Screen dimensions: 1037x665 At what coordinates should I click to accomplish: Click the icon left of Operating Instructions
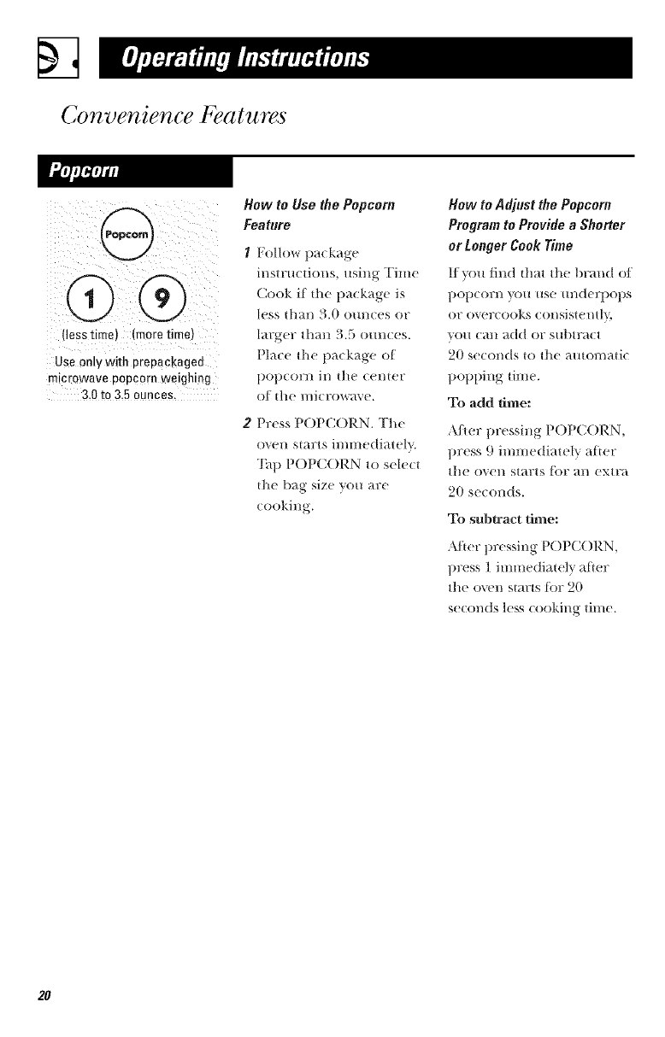(x=55, y=58)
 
